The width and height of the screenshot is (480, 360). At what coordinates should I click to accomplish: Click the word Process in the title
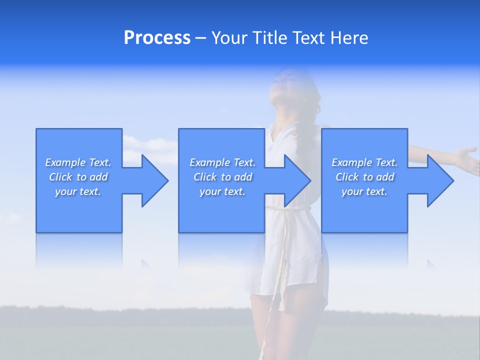pos(157,38)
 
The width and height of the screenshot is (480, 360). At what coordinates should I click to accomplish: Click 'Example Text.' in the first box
pos(78,162)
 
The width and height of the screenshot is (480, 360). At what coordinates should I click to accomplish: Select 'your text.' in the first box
pos(78,191)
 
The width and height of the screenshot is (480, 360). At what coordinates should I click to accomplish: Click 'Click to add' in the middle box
pos(222,177)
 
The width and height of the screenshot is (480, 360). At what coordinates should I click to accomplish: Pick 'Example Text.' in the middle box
pos(222,162)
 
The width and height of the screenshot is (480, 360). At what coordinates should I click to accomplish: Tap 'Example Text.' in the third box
pos(364,162)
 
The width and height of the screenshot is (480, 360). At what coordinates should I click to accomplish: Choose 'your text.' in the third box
pos(364,191)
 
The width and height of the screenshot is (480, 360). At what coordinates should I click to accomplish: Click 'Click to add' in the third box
pos(364,177)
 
